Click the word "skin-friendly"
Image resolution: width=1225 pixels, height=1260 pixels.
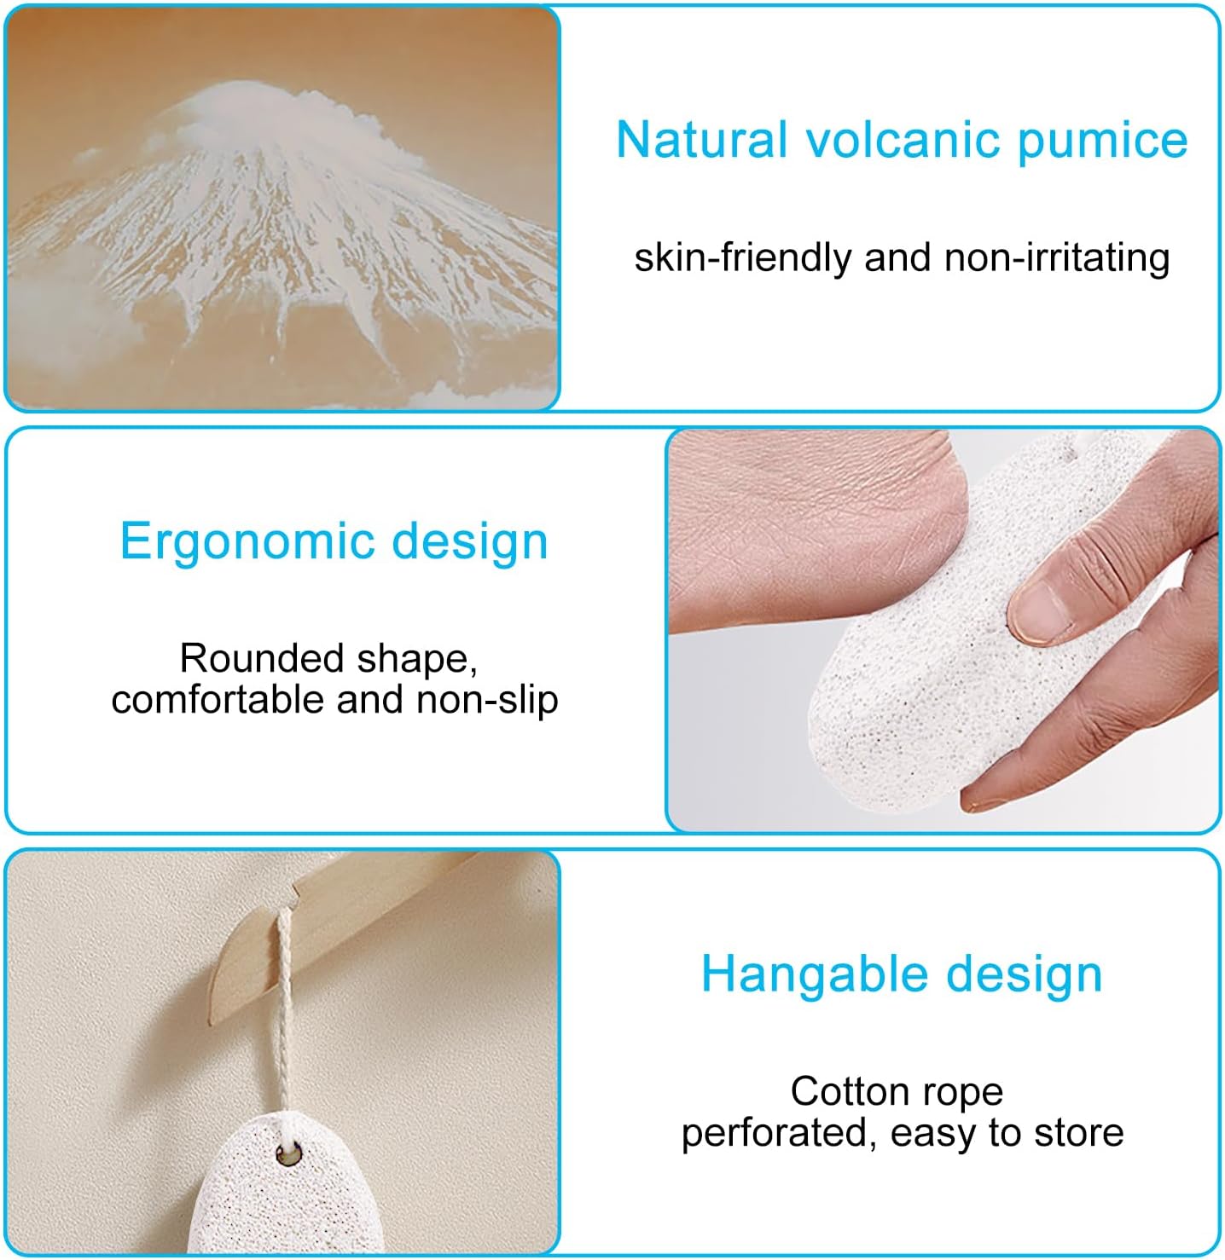742,257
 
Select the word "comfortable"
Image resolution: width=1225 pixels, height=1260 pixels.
218,700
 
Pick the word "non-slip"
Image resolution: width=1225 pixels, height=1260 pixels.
487,700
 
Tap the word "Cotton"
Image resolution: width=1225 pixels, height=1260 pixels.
845,1091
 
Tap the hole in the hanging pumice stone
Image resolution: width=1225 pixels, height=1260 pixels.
287,1155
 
